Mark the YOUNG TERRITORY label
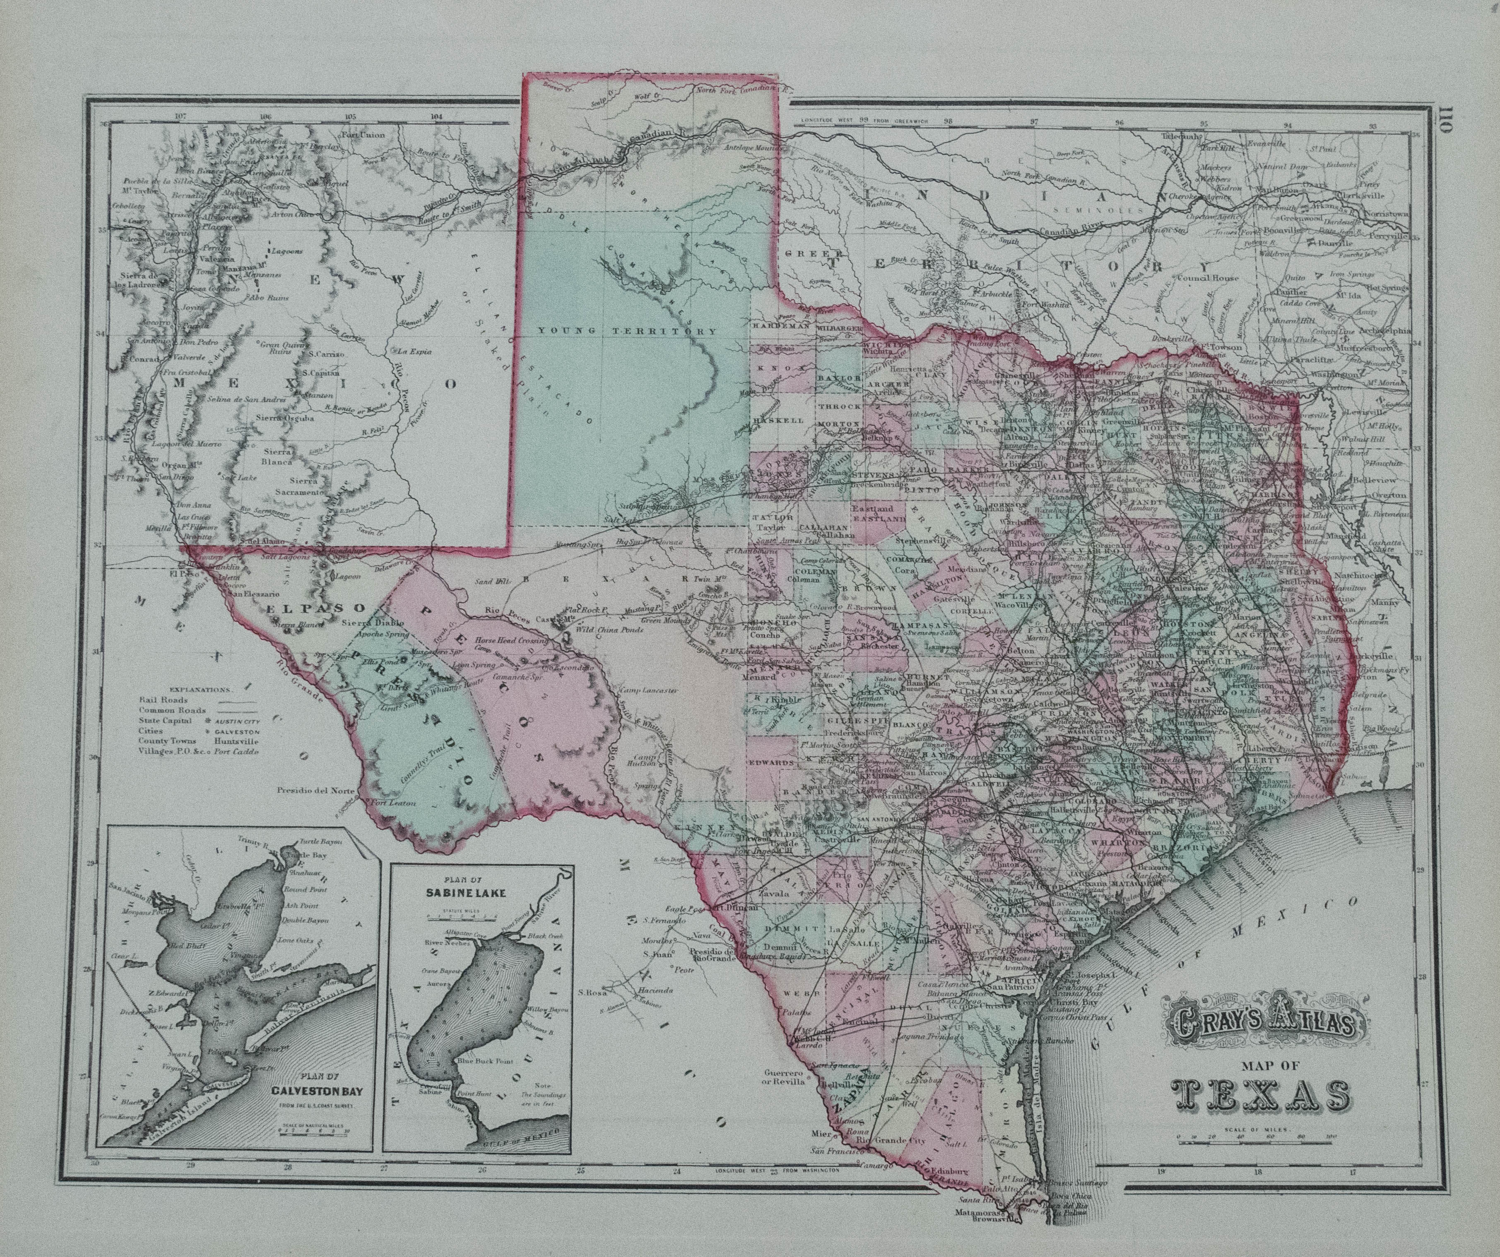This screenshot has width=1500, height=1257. tap(627, 331)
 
